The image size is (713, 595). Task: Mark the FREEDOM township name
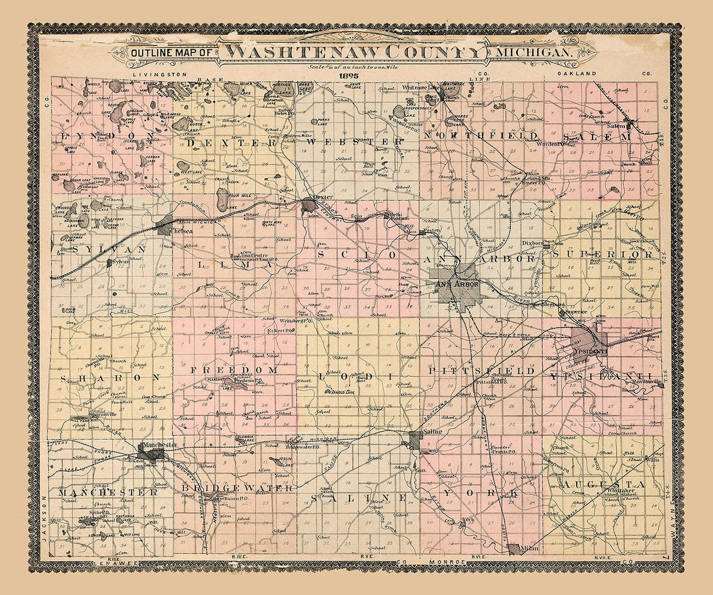coord(233,370)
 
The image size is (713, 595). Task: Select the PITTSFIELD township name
coord(481,372)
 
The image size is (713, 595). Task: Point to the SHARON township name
coord(110,377)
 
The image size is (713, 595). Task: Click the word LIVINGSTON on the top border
coord(160,74)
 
